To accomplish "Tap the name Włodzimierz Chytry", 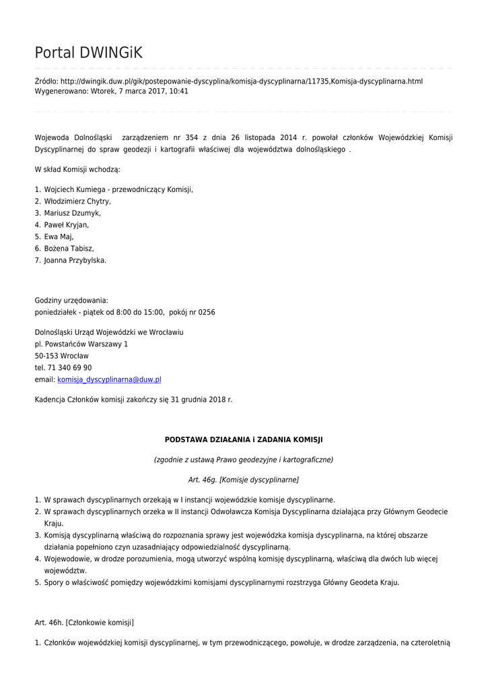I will coord(77,201).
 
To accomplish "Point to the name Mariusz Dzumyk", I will coord(72,213).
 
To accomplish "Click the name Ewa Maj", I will coord(59,237).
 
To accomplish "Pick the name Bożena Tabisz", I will coord(69,249).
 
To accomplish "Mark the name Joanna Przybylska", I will coord(75,260).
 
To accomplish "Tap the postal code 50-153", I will coord(46,356).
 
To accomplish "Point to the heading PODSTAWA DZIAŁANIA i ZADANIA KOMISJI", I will coord(244,439).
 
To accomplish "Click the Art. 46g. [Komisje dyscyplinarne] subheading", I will coord(244,480).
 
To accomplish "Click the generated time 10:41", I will coord(179,91).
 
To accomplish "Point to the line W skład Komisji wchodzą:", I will coord(77,169).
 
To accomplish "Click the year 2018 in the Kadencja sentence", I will coord(214,400).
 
